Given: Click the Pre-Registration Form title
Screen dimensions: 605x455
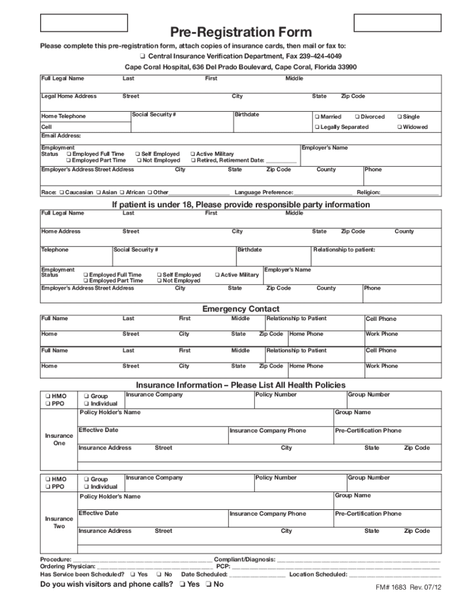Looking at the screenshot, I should pyautogui.click(x=241, y=32).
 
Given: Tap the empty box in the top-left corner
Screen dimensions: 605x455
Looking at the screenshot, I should pyautogui.click(x=83, y=22).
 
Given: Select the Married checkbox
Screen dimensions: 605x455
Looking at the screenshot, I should pyautogui.click(x=317, y=117).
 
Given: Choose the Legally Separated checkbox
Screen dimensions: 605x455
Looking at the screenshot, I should pyautogui.click(x=317, y=127).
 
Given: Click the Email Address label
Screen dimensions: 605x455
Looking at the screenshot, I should pyautogui.click(x=60, y=136).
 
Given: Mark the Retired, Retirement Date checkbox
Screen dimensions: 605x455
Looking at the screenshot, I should pyautogui.click(x=193, y=160).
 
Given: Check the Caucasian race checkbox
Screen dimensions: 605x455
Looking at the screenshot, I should pyautogui.click(x=61, y=193).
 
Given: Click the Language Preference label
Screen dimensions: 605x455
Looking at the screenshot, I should pyautogui.click(x=264, y=193).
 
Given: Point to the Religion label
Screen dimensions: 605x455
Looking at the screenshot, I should pyautogui.click(x=368, y=193).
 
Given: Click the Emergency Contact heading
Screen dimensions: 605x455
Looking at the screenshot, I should pyautogui.click(x=240, y=309).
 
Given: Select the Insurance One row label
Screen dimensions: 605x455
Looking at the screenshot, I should pyautogui.click(x=59, y=440).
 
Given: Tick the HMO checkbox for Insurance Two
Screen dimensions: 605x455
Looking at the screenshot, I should pyautogui.click(x=47, y=479).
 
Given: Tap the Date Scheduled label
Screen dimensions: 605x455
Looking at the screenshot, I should pyautogui.click(x=204, y=574).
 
